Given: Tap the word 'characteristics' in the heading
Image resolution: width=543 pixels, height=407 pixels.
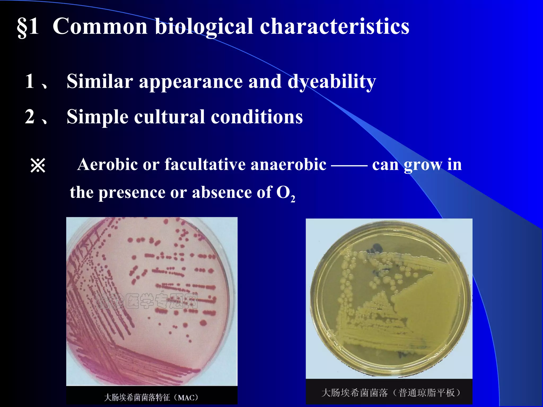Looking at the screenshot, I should (335, 26).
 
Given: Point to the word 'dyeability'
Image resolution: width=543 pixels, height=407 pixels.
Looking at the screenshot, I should (332, 82).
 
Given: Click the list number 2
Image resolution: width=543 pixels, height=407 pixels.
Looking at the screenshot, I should (30, 117).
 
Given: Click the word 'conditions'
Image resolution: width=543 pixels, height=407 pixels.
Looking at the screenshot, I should (257, 117).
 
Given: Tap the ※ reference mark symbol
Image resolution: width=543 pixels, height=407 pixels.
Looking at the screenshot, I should (38, 166).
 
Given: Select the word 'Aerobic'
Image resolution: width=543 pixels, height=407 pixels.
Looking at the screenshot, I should (108, 164).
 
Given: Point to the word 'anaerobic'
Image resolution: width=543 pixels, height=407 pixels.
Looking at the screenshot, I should (288, 164).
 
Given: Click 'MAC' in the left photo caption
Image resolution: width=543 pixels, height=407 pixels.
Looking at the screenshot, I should (188, 398).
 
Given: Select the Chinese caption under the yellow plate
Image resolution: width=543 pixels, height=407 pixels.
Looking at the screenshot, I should (391, 393).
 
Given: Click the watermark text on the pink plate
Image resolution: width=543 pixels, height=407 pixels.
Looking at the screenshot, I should (147, 301).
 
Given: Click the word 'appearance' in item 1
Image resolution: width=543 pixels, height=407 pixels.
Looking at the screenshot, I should (191, 82).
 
